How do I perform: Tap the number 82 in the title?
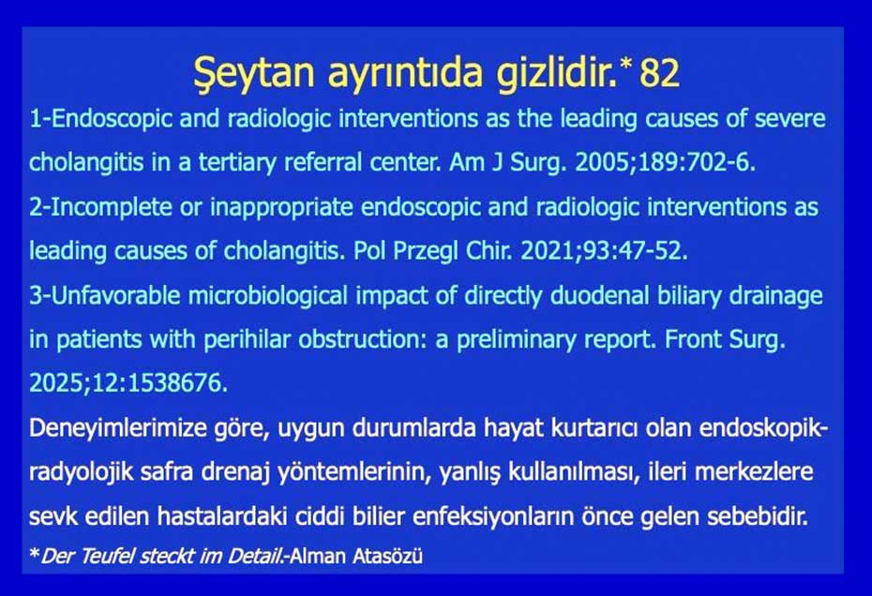(659, 72)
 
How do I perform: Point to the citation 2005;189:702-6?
(665, 162)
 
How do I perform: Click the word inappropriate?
(281, 207)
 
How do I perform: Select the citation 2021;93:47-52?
(604, 251)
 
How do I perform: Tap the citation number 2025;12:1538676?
(128, 383)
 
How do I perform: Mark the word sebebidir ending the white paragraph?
(758, 516)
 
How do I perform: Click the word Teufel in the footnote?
(107, 556)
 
